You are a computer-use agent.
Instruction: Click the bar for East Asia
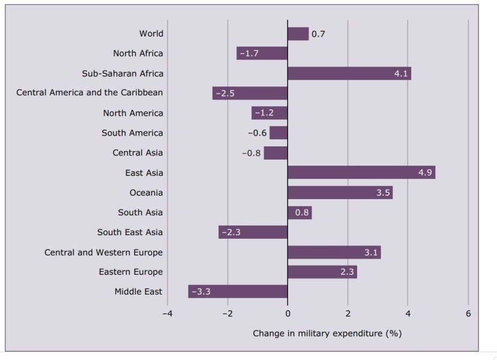(361, 173)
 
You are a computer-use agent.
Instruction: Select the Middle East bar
(238, 292)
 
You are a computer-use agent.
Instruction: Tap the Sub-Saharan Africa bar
(349, 74)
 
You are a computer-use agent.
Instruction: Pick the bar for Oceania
(340, 193)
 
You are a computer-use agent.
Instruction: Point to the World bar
(298, 34)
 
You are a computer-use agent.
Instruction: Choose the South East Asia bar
(253, 232)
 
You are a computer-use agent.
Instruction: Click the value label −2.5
(226, 94)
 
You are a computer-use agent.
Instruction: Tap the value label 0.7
(318, 34)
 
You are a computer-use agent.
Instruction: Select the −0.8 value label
(251, 153)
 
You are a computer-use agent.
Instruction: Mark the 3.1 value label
(370, 253)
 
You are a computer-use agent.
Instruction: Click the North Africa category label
(137, 53)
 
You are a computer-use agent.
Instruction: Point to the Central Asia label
(137, 153)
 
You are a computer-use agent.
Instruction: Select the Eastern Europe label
(130, 272)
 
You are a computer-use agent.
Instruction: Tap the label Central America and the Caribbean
(89, 93)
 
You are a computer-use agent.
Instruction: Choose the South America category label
(132, 133)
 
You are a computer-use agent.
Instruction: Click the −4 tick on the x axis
(167, 314)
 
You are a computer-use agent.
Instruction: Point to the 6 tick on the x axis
(468, 314)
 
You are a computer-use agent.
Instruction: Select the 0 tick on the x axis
(288, 314)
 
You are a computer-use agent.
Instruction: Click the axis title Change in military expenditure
(327, 333)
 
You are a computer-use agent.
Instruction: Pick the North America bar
(270, 113)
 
